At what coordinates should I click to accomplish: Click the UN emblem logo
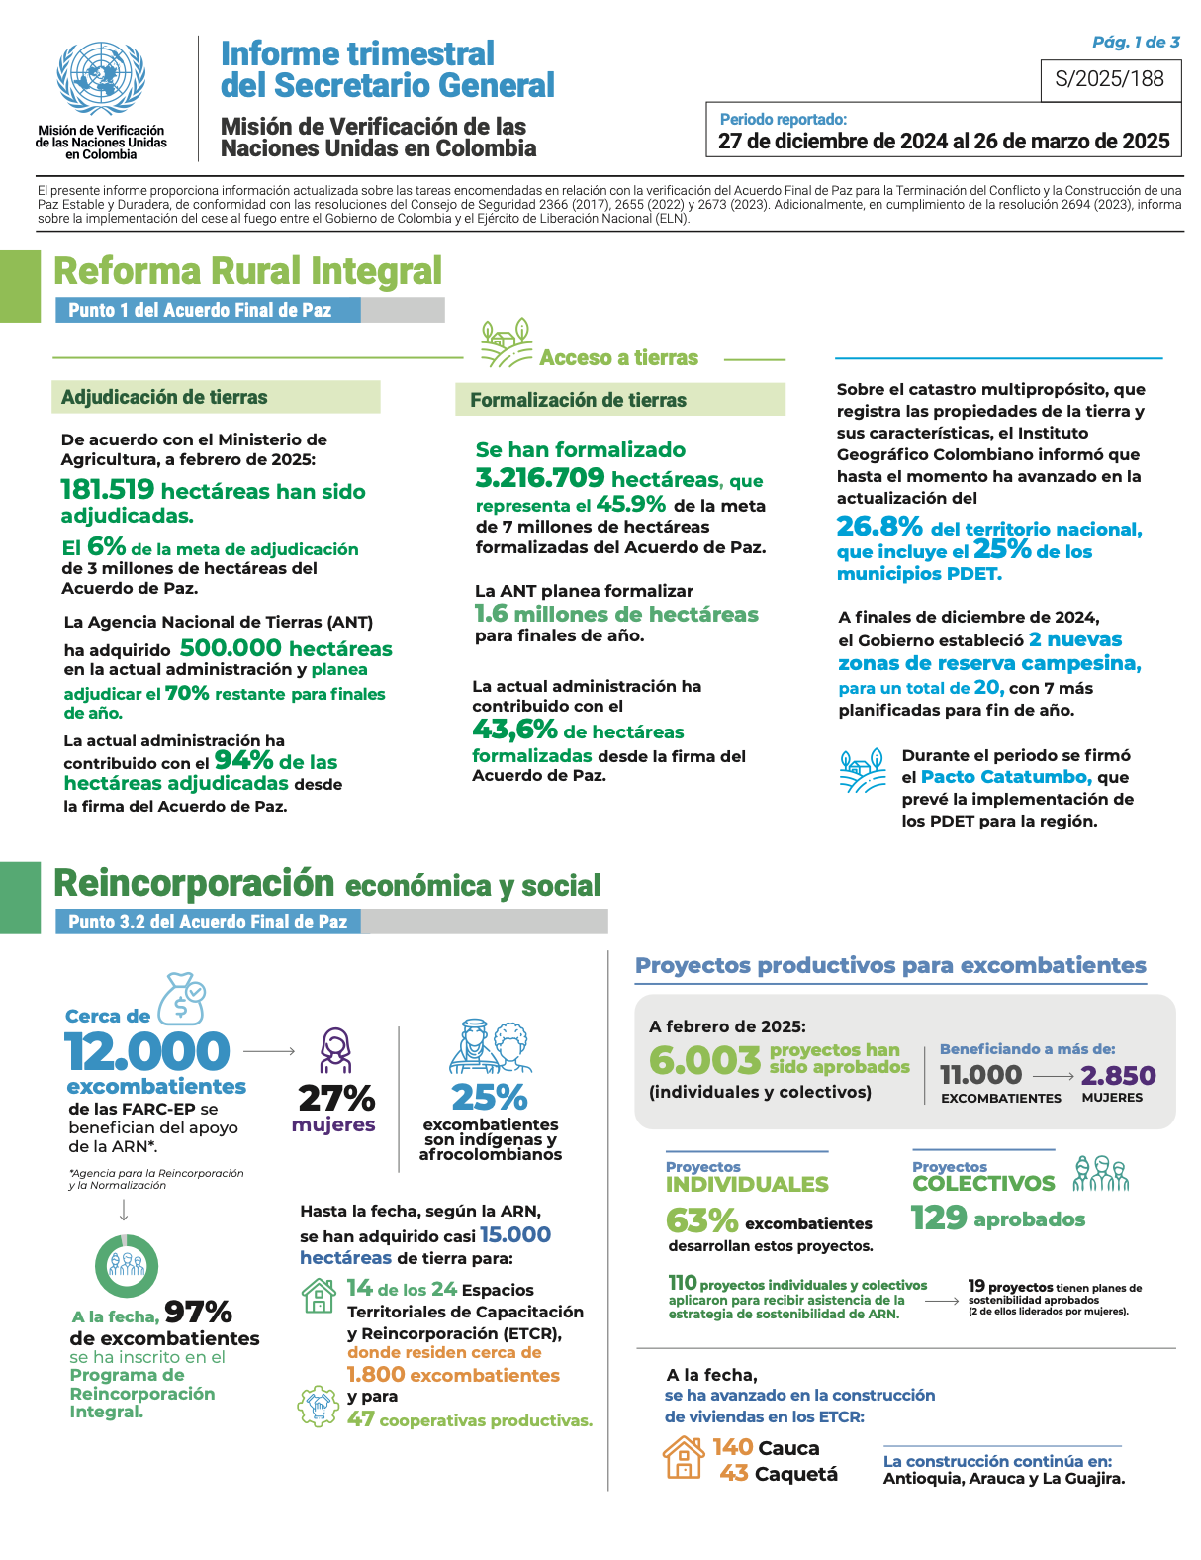click(101, 80)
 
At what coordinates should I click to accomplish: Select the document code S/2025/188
click(1110, 79)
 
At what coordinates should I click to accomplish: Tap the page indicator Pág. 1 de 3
click(1136, 42)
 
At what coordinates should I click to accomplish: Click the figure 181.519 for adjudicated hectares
click(108, 490)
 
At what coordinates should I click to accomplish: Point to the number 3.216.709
click(539, 478)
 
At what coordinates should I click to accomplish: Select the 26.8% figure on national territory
click(879, 526)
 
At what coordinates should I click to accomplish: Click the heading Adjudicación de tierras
click(164, 397)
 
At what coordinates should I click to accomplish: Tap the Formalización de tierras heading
click(578, 400)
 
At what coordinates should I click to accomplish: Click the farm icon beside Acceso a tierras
click(506, 343)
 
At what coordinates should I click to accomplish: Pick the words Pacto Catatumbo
click(1005, 777)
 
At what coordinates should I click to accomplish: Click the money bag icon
click(182, 998)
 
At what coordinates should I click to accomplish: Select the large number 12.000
click(147, 1051)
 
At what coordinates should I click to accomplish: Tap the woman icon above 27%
click(335, 1050)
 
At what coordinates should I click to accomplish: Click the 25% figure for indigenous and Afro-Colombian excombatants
click(489, 1097)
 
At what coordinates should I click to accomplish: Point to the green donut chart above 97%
click(126, 1266)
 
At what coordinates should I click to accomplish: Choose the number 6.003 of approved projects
click(704, 1060)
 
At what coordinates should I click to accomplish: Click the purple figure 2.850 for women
click(1118, 1075)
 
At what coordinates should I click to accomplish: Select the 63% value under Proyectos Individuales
click(701, 1220)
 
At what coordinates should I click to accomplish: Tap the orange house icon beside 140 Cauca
click(684, 1457)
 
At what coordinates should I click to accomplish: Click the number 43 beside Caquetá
click(733, 1473)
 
